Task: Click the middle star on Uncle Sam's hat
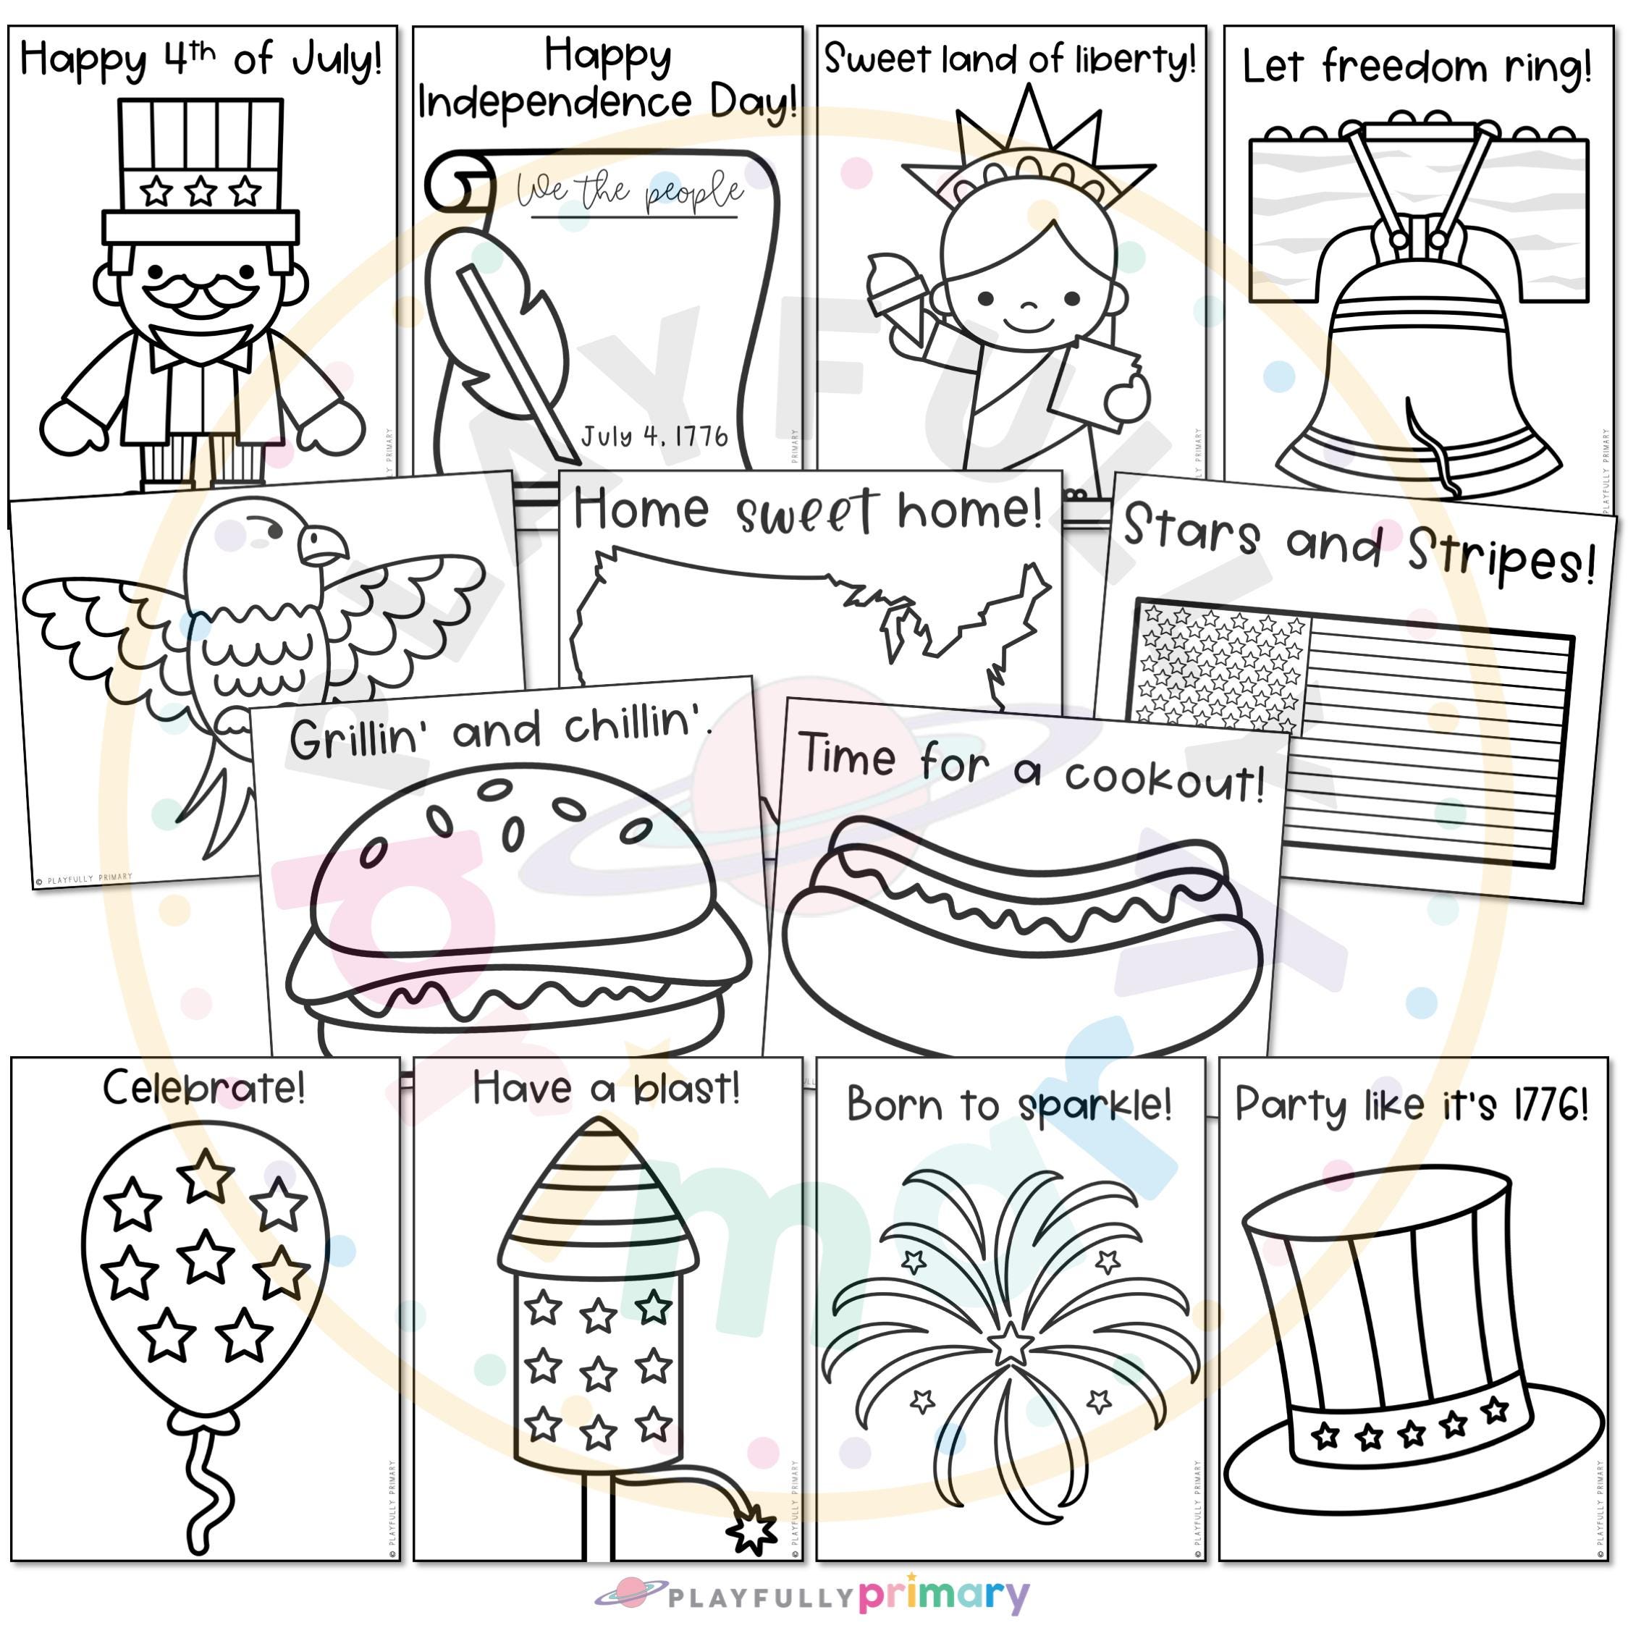point(201,191)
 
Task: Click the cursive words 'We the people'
point(630,192)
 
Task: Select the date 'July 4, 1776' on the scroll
point(654,436)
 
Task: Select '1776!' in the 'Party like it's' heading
point(1551,1105)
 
